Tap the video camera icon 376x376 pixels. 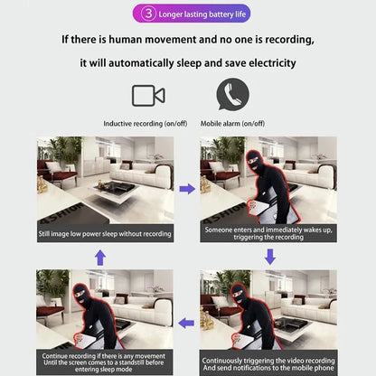pyautogui.click(x=148, y=96)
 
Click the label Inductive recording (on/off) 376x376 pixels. pyautogui.click(x=149, y=123)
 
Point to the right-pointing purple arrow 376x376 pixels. pyautogui.click(x=187, y=189)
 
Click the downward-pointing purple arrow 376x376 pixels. pyautogui.click(x=269, y=258)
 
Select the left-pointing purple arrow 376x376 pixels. pyautogui.click(x=187, y=321)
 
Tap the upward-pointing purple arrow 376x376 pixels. pyautogui.click(x=100, y=258)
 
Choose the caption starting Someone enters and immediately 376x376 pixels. pyautogui.click(x=268, y=234)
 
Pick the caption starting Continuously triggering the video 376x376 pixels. pyautogui.click(x=268, y=361)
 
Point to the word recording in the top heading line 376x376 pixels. pyautogui.click(x=284, y=40)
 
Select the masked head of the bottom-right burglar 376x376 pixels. pyautogui.click(x=239, y=295)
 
